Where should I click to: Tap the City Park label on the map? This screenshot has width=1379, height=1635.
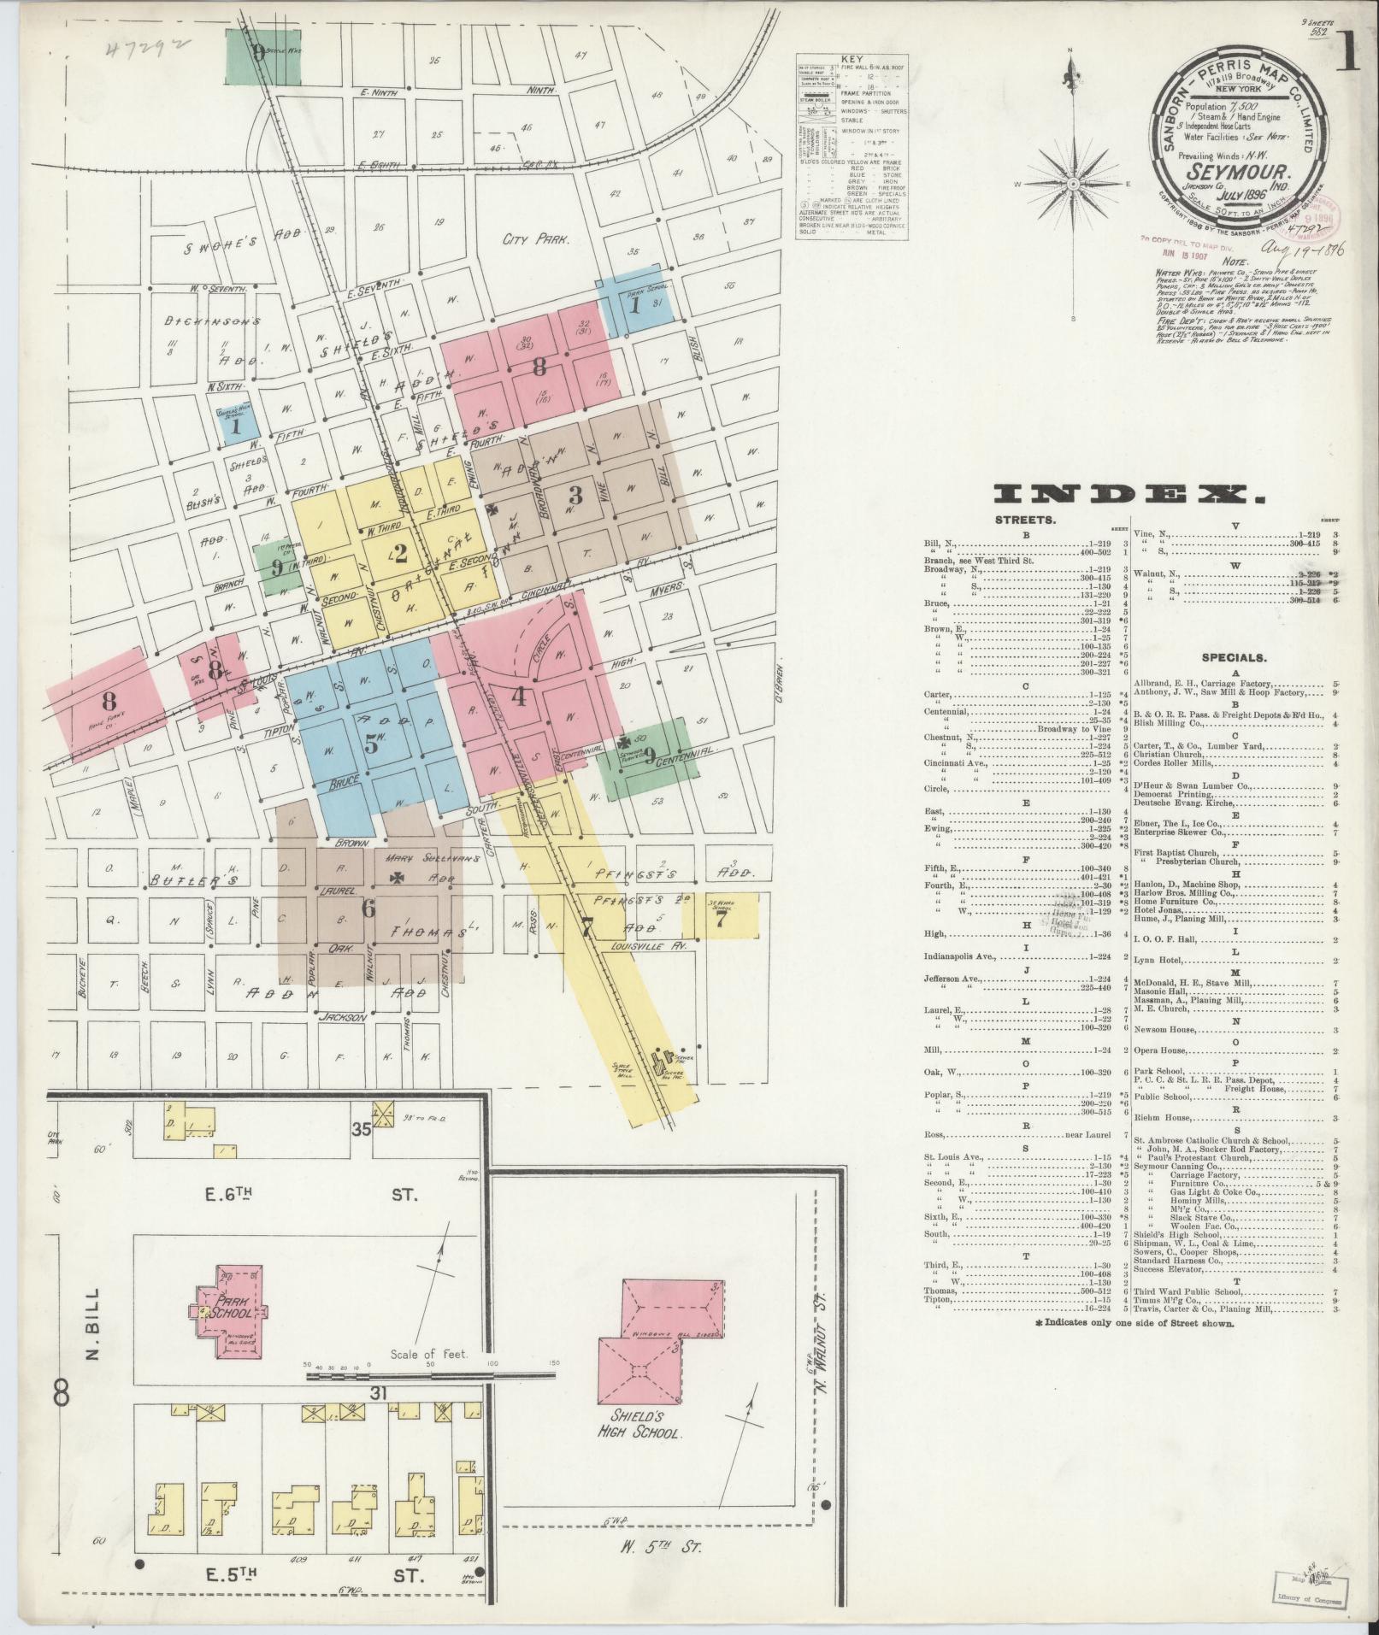point(536,241)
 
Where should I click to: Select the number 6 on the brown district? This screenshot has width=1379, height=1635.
point(368,909)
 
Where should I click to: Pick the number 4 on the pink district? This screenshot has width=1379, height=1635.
point(518,696)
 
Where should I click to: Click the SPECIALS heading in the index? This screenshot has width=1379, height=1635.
point(1234,658)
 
